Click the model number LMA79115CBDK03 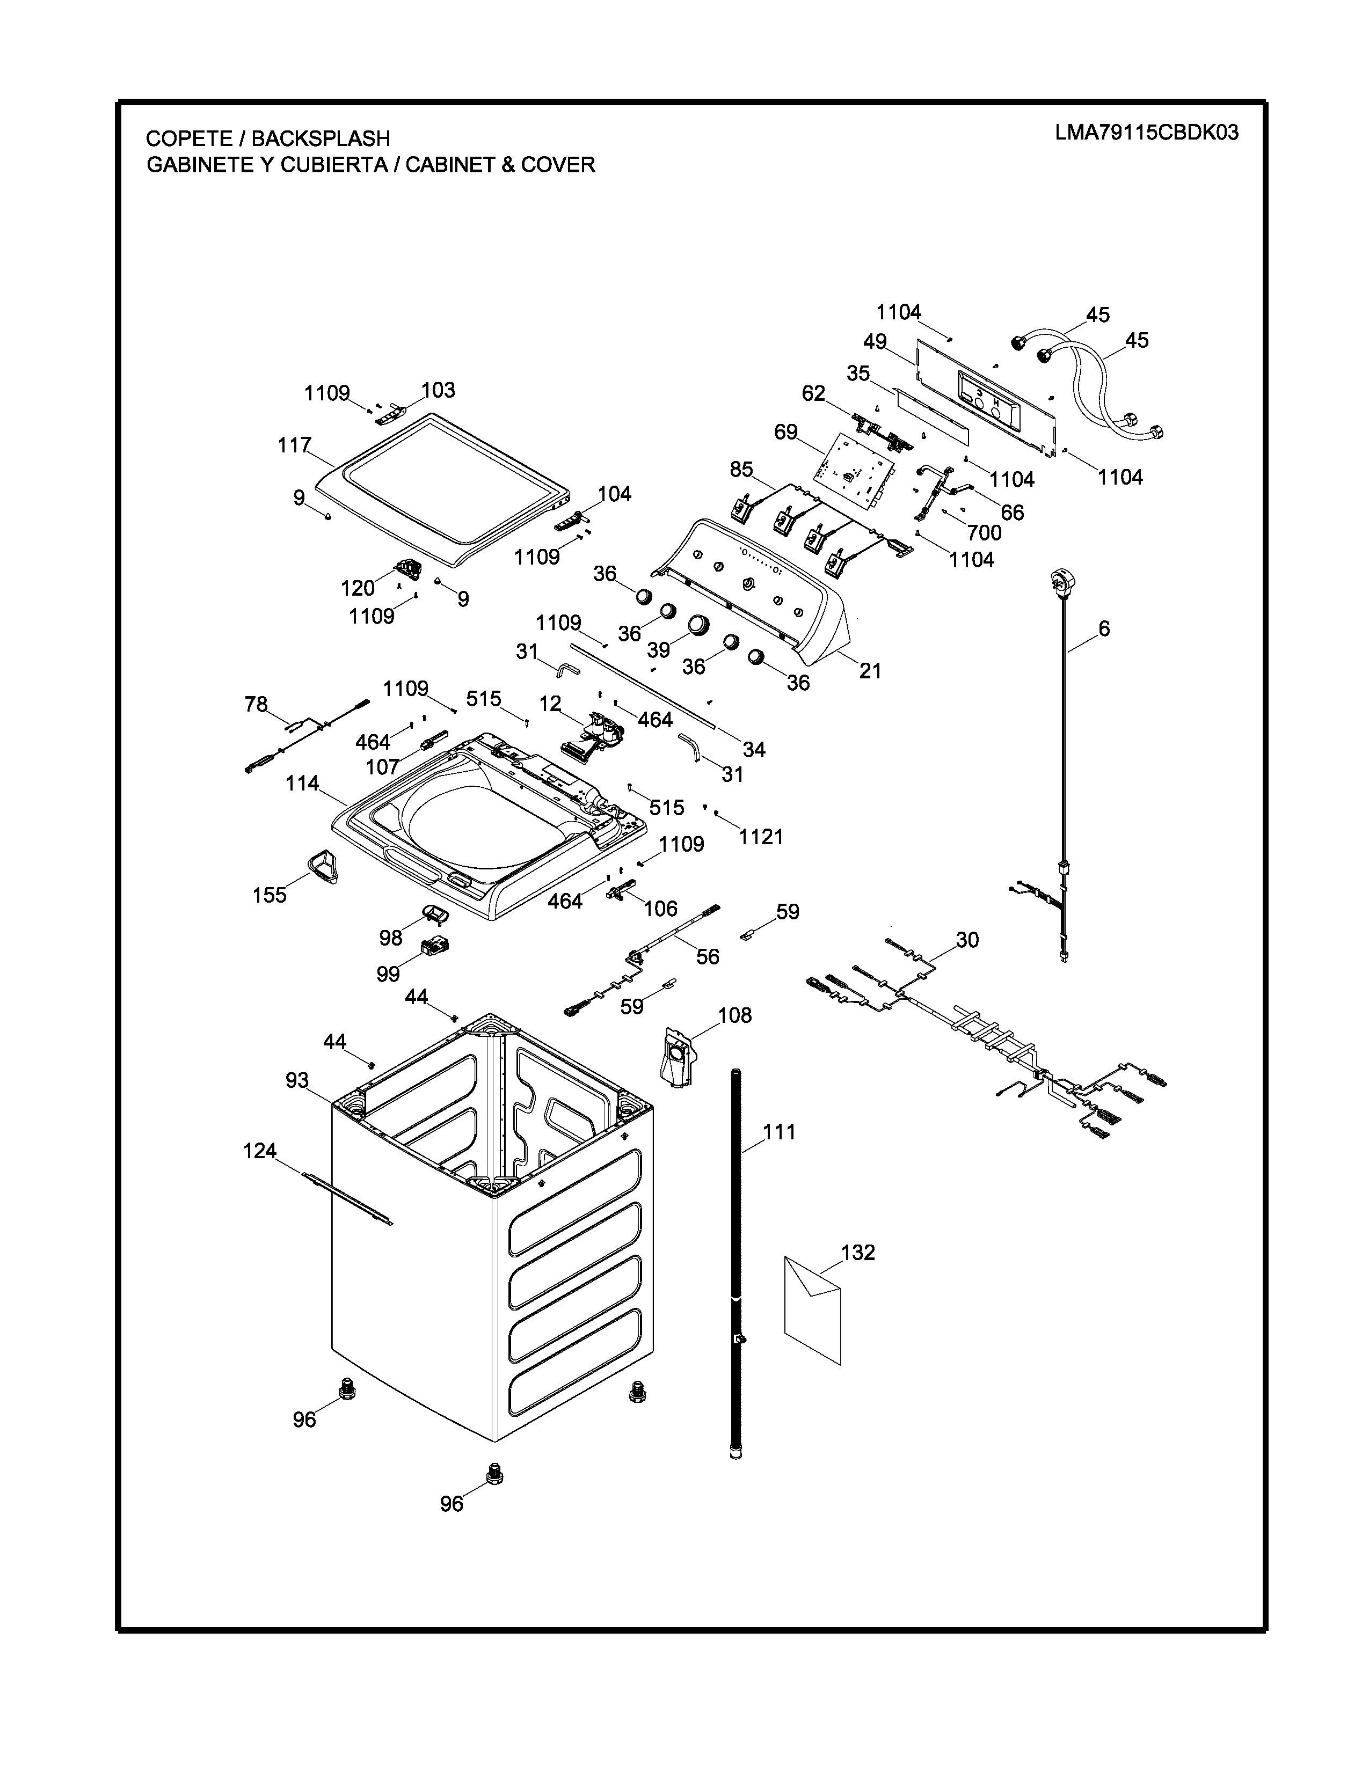pyautogui.click(x=1146, y=133)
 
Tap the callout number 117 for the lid pyautogui.click(x=294, y=445)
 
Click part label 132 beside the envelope pyautogui.click(x=858, y=1253)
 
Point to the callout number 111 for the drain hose pyautogui.click(x=780, y=1132)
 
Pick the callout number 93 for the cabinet pyautogui.click(x=297, y=1080)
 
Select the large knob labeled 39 pyautogui.click(x=698, y=625)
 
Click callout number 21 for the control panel pyautogui.click(x=870, y=671)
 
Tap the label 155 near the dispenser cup pyautogui.click(x=270, y=895)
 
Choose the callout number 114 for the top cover pyautogui.click(x=302, y=784)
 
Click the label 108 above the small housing pyautogui.click(x=735, y=1015)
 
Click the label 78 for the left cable pyautogui.click(x=256, y=705)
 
